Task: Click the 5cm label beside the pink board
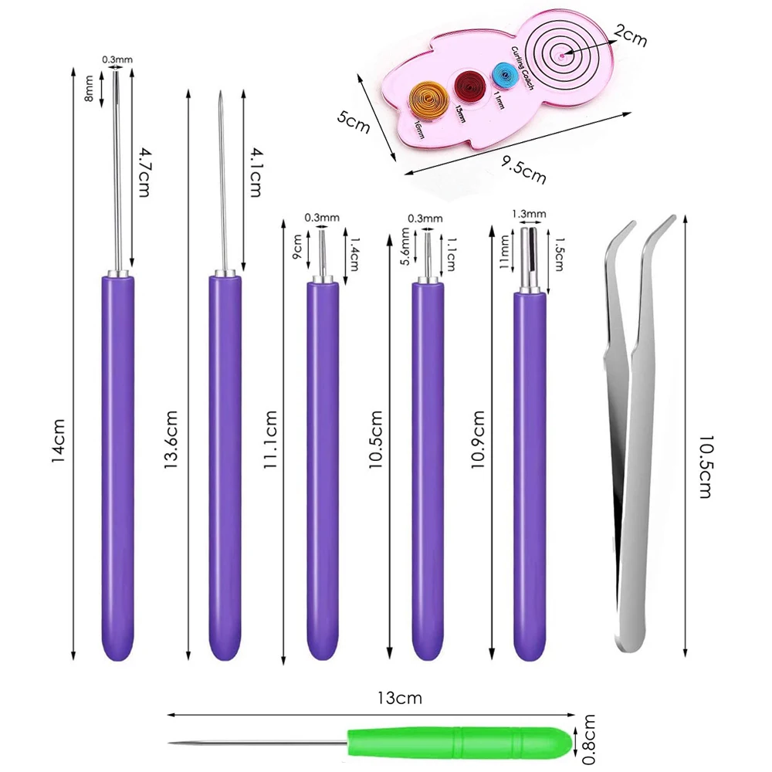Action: tap(353, 122)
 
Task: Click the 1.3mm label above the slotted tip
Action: tap(530, 214)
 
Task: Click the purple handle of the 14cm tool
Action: tap(117, 463)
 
